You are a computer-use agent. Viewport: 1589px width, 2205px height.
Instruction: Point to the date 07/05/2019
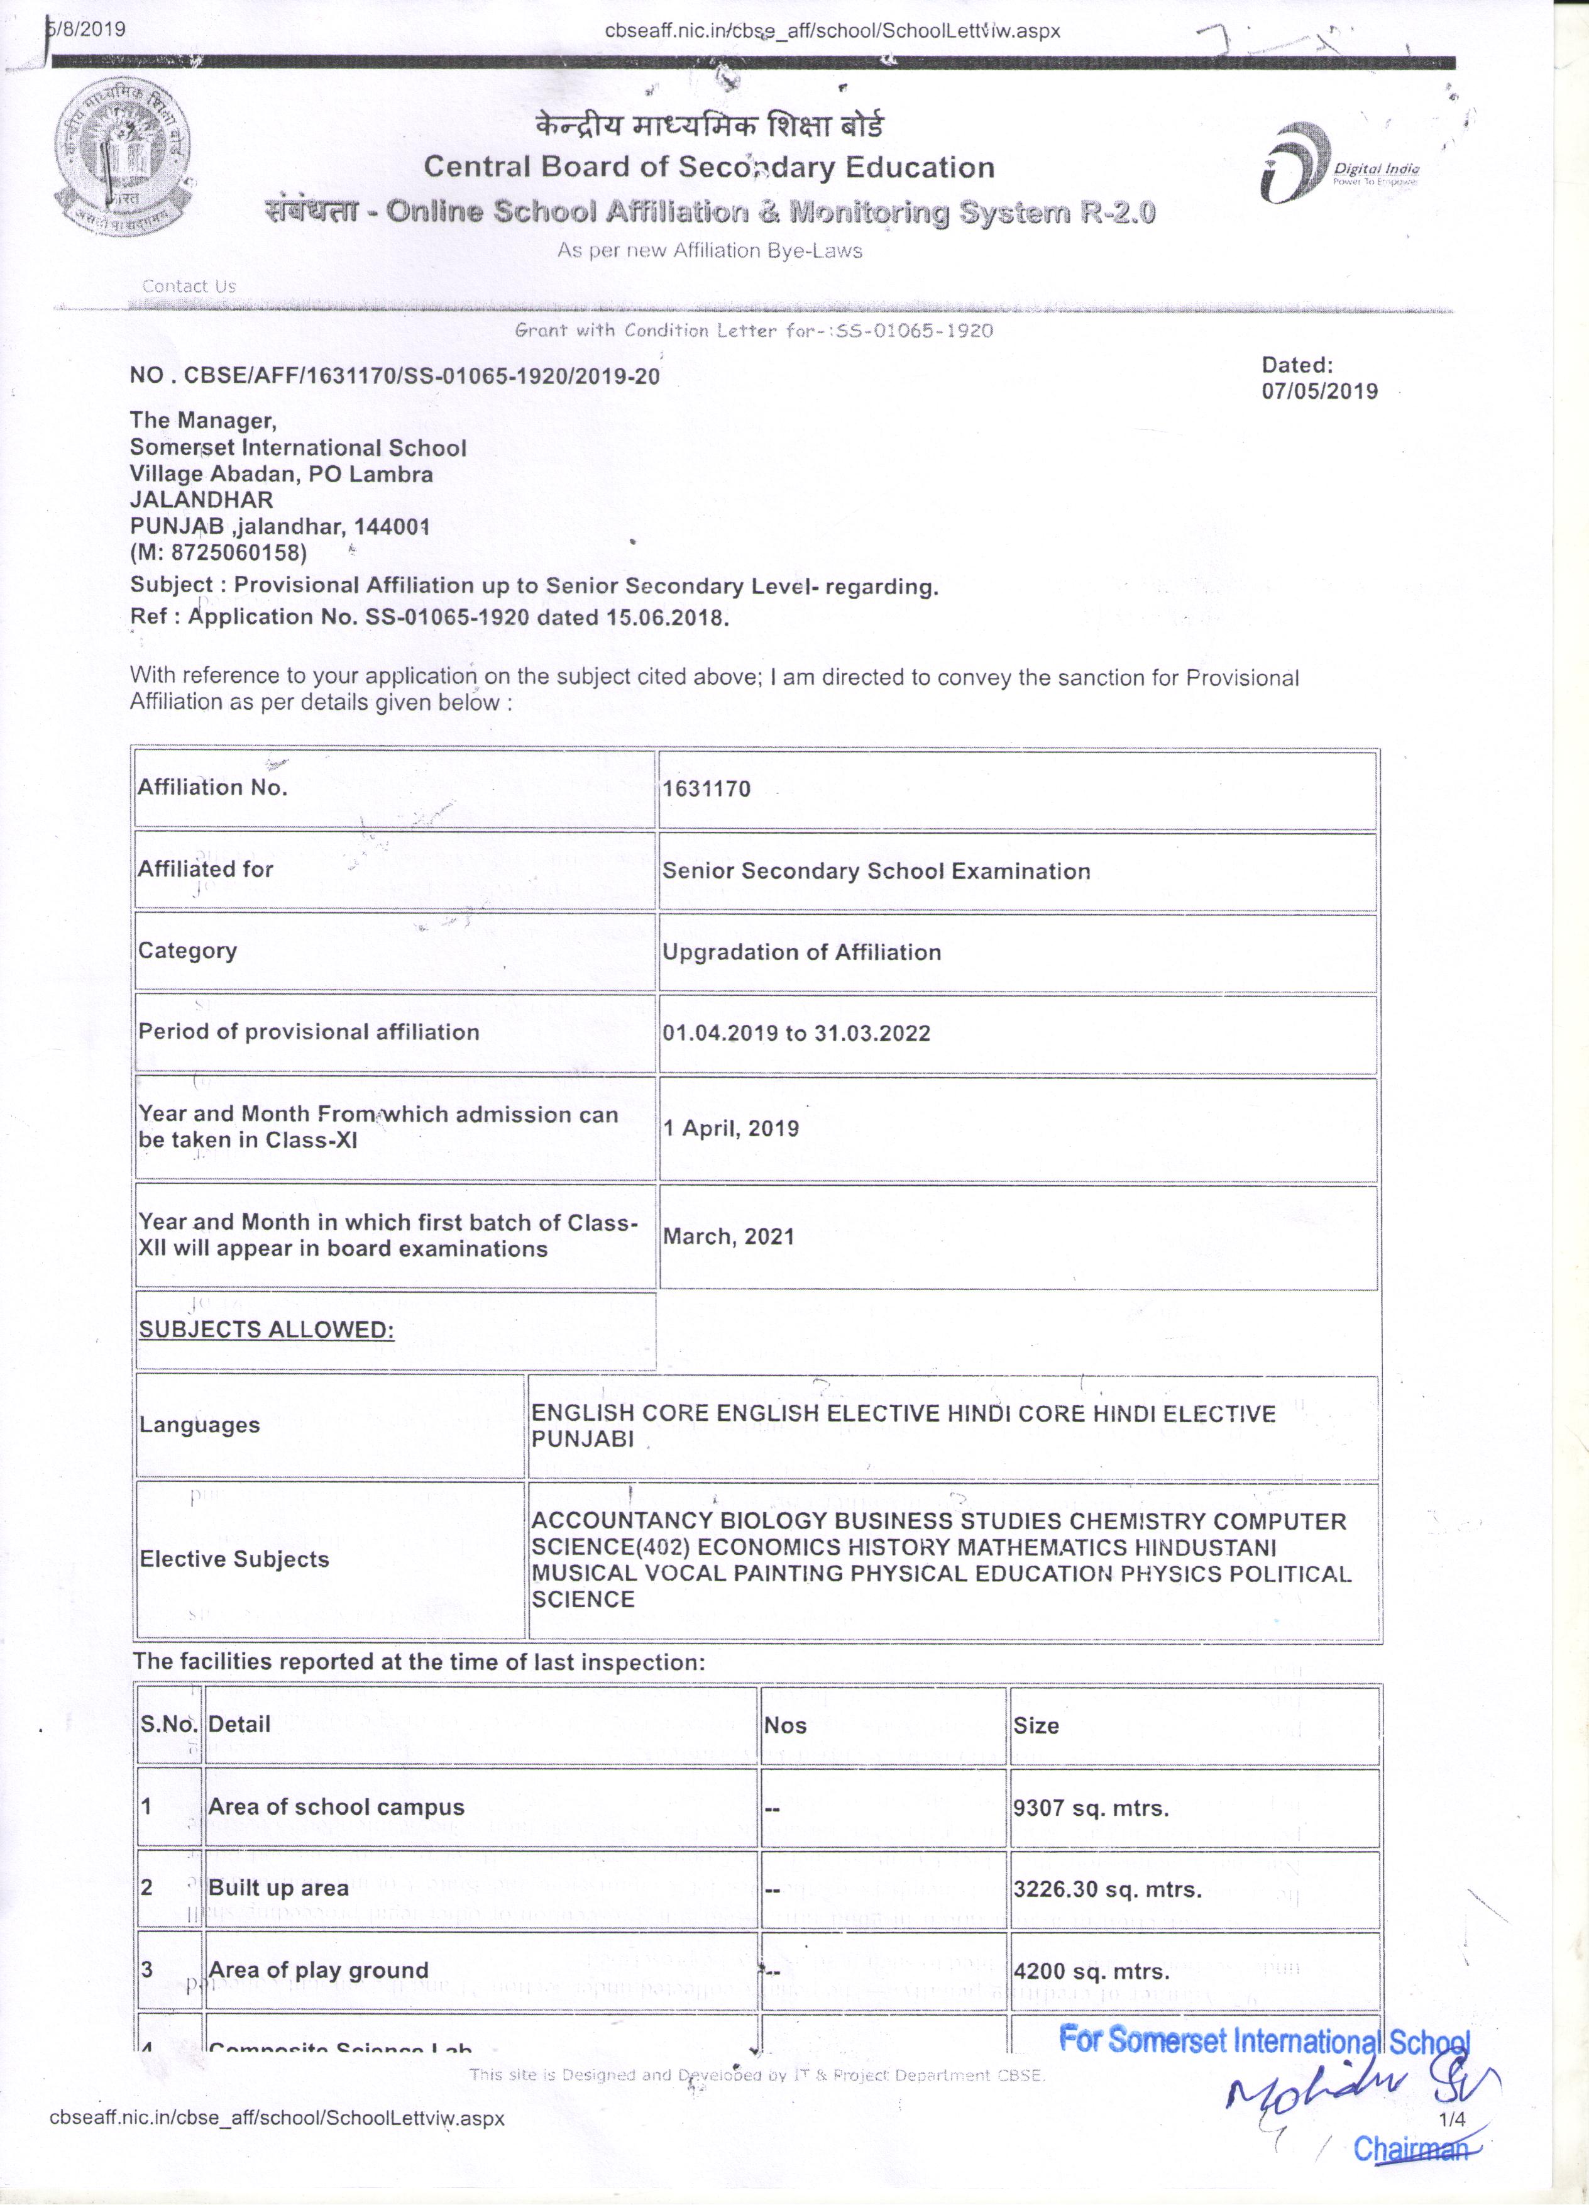pyautogui.click(x=1319, y=391)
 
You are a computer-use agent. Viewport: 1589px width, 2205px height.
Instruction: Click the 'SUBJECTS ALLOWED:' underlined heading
pyautogui.click(x=267, y=1329)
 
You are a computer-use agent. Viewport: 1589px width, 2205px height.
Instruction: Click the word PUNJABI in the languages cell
pyautogui.click(x=582, y=1439)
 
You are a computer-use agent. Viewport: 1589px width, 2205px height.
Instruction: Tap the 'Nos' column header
pyautogui.click(x=785, y=1726)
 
